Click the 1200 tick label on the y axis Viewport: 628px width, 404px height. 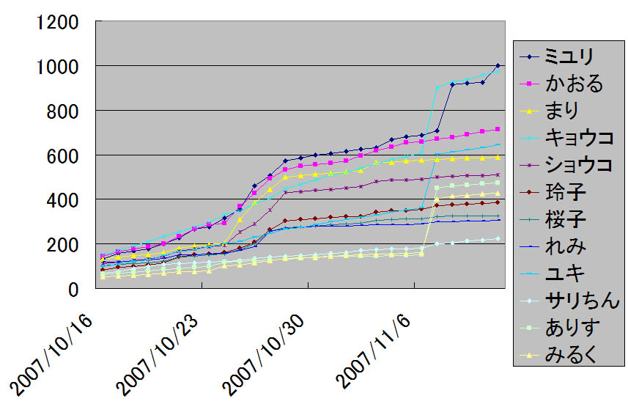pos(52,22)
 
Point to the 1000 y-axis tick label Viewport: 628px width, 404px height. pos(52,67)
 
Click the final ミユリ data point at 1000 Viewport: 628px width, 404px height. pos(498,66)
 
